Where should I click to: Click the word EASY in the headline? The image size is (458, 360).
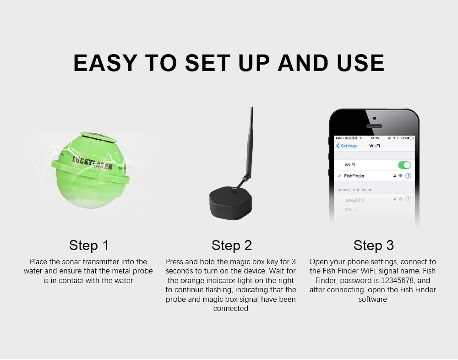point(105,63)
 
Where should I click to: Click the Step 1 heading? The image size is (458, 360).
point(89,245)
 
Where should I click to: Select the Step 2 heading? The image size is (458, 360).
point(232,245)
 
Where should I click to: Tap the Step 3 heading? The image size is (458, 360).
point(374,245)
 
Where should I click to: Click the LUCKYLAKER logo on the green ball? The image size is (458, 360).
point(93,163)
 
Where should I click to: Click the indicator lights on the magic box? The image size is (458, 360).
point(234,189)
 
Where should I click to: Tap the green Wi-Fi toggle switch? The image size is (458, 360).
point(404,165)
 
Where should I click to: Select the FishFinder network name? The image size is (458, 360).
point(354,176)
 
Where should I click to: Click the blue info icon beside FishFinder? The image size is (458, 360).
point(409,176)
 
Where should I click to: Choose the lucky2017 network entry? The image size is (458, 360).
point(354,200)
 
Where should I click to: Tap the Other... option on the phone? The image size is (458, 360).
point(352,210)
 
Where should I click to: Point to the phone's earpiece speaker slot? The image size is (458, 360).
point(374,126)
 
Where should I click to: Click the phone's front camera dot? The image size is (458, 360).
point(375,118)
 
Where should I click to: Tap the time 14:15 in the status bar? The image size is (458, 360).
point(375,138)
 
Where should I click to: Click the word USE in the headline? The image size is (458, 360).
point(360,63)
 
